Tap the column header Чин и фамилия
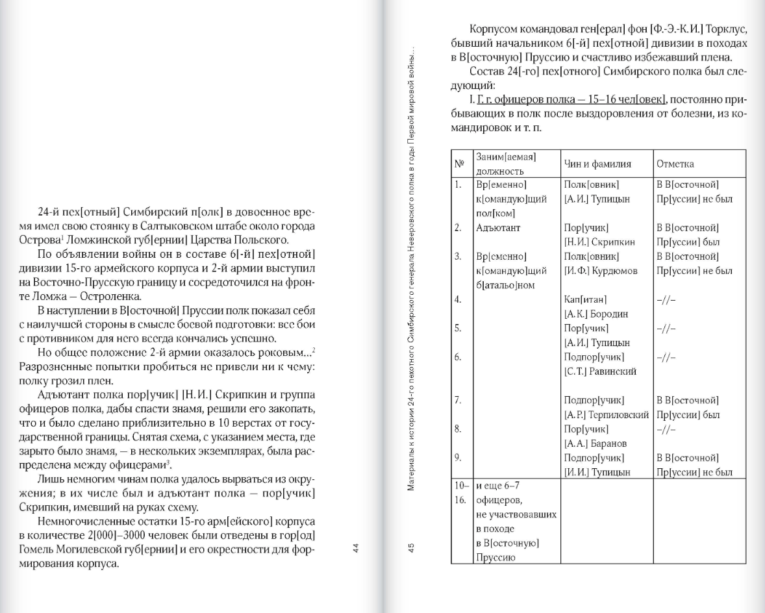tap(597, 165)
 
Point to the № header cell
tap(458, 165)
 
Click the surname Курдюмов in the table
tap(610, 271)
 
